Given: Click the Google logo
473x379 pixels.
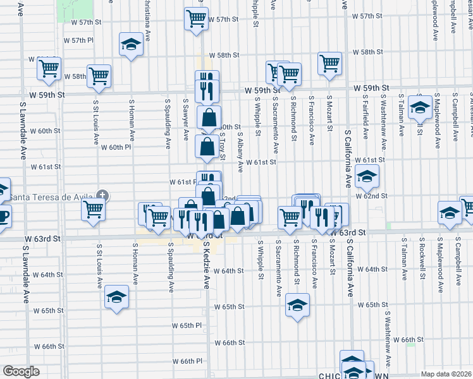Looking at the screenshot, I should (21, 371).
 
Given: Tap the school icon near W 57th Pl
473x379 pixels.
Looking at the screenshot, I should (131, 44).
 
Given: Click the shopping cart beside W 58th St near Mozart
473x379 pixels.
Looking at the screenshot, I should (329, 63).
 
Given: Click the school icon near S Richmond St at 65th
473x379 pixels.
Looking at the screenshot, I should (297, 305).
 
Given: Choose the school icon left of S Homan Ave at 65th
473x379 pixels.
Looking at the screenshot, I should (116, 297).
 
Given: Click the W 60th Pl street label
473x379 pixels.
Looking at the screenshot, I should (116, 147).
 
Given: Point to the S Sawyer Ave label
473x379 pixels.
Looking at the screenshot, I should (186, 117).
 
